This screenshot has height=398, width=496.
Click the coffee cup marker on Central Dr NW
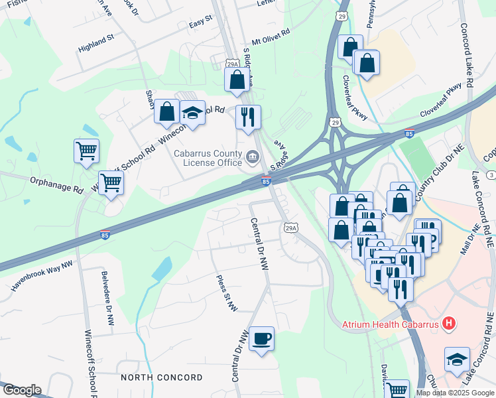click(261, 338)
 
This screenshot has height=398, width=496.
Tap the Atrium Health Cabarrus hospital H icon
click(450, 324)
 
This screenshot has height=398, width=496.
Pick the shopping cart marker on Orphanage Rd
click(111, 182)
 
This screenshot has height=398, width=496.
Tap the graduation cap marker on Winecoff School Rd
click(193, 113)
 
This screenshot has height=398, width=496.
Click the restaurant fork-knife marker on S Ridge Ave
click(248, 117)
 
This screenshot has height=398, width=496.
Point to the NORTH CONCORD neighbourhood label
click(162, 377)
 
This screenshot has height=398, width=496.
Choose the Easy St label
click(200, 24)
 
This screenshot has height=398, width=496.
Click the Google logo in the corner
click(21, 390)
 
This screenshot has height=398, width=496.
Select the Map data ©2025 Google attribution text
click(455, 393)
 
